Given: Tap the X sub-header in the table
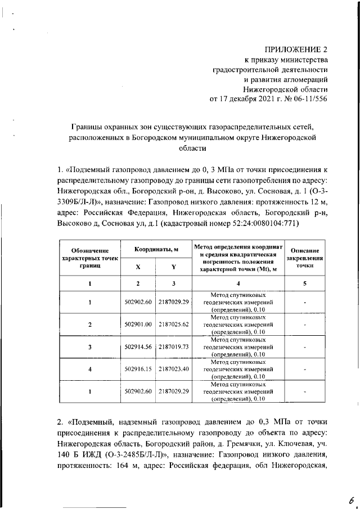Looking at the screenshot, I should (x=138, y=267).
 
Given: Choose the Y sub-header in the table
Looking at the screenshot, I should (x=173, y=267).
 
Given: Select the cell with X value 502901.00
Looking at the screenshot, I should (x=138, y=325).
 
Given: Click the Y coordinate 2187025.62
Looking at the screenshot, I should (x=173, y=325).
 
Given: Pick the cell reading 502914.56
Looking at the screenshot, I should (x=138, y=347).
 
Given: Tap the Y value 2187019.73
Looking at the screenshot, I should (x=173, y=347).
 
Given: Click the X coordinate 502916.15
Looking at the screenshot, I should (x=138, y=369).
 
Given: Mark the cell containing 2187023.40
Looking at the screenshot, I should (x=173, y=369).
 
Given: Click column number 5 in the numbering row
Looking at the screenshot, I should (x=304, y=283).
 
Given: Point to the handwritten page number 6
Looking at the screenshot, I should (x=350, y=497).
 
